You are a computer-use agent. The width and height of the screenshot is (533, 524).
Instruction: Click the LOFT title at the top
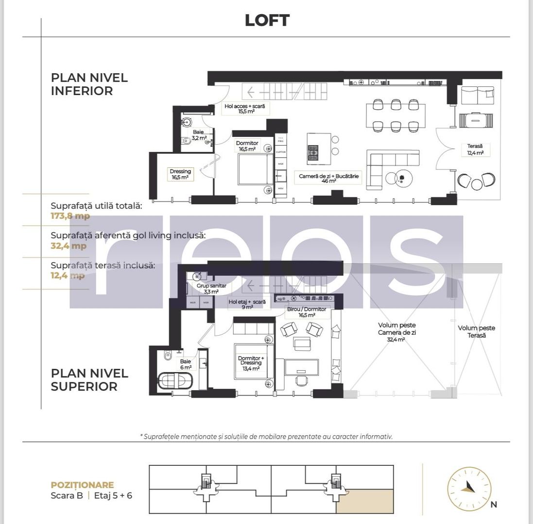[267, 20]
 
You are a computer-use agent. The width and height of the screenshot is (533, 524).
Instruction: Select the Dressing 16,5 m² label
[180, 174]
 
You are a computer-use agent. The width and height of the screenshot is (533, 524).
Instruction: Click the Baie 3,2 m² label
[199, 135]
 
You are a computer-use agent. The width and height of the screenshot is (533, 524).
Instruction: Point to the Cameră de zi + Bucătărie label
[328, 178]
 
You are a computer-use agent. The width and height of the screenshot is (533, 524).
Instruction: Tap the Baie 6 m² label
[186, 364]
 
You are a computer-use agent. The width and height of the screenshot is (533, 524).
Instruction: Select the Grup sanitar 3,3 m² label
[211, 289]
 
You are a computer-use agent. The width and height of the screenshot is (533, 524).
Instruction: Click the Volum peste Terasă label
[476, 331]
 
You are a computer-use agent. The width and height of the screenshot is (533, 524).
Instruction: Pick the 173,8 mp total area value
[70, 216]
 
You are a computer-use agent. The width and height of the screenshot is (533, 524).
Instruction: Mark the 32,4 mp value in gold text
[69, 246]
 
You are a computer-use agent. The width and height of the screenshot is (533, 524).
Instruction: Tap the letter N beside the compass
[494, 505]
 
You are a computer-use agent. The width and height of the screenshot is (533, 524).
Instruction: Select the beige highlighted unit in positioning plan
[364, 501]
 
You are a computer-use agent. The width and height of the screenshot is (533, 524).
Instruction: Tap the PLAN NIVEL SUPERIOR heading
[89, 380]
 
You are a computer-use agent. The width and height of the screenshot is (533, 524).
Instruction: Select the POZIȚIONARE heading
[82, 485]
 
